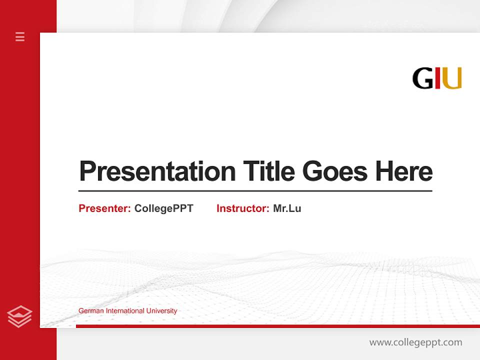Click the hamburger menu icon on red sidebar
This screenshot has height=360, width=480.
(x=20, y=36)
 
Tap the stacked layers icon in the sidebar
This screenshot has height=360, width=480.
(x=19, y=316)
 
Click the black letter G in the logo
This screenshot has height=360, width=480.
(x=422, y=78)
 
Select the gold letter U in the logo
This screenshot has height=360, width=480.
(x=452, y=78)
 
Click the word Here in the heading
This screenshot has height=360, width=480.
(x=403, y=171)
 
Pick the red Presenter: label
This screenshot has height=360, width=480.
(x=105, y=208)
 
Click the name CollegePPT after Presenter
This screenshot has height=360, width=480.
(x=163, y=208)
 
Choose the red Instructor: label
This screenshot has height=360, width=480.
(x=243, y=208)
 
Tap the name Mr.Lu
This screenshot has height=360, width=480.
(x=287, y=208)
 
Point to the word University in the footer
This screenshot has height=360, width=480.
(x=161, y=311)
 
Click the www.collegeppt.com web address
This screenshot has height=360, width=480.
(x=415, y=342)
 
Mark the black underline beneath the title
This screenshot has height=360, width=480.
(x=255, y=190)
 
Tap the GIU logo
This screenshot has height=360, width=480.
(x=436, y=78)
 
